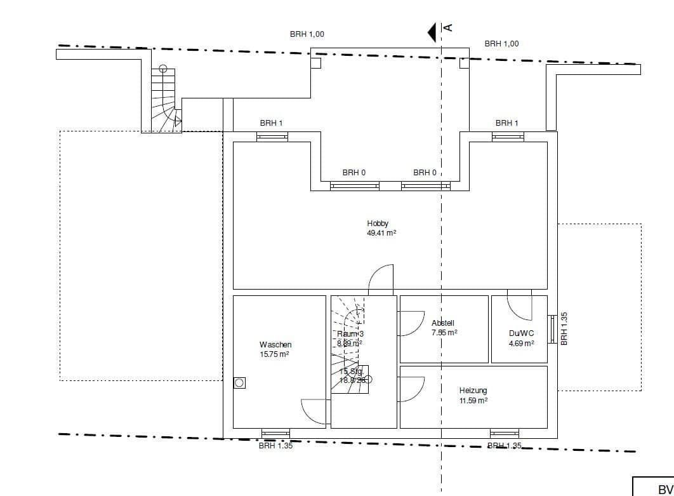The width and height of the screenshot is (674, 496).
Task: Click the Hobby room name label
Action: coord(377,224)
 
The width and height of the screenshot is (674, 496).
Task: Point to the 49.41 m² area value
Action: coord(381,233)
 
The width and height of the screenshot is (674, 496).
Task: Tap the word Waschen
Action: coord(275,345)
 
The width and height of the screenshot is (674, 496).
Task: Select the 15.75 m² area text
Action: coord(274,354)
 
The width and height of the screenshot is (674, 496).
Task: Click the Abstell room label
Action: coord(442,323)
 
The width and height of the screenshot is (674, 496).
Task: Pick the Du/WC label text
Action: coord(521,333)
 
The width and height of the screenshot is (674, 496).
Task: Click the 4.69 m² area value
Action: coord(521,344)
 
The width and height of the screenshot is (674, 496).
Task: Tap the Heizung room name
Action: coord(473,391)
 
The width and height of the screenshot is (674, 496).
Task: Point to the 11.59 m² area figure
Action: coord(473,401)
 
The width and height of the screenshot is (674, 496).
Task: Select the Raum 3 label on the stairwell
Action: coord(350,333)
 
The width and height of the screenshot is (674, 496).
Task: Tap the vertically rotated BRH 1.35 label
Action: coord(564,328)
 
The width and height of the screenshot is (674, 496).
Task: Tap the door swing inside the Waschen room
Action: coord(314,411)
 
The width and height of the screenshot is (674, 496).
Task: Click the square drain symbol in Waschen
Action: coord(239,382)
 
